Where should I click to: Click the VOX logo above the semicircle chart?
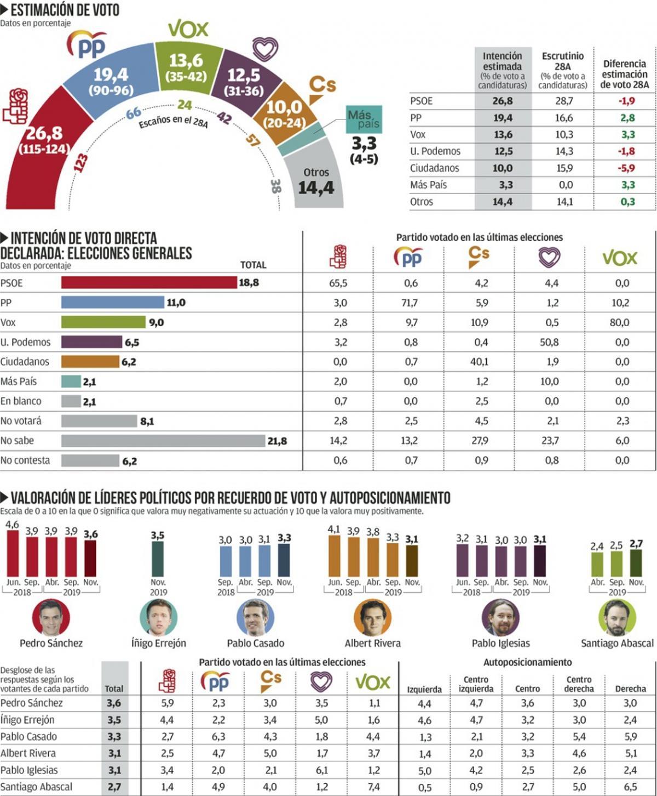coord(188,29)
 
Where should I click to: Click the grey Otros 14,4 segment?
coord(314,181)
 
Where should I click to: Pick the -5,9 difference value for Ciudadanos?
coord(627,168)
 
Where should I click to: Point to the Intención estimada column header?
coord(502,70)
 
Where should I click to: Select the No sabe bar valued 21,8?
coord(163,441)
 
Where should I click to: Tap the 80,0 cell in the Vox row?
coord(619,322)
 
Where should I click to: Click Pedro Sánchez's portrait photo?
coord(51,617)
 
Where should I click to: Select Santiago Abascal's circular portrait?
coord(617,617)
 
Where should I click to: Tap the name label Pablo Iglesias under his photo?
coord(500,643)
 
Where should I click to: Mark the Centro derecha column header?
coord(579,684)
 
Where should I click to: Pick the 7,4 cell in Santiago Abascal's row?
coord(373,787)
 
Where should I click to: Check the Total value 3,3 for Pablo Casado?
coord(114,736)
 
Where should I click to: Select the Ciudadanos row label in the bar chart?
coord(25,362)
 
